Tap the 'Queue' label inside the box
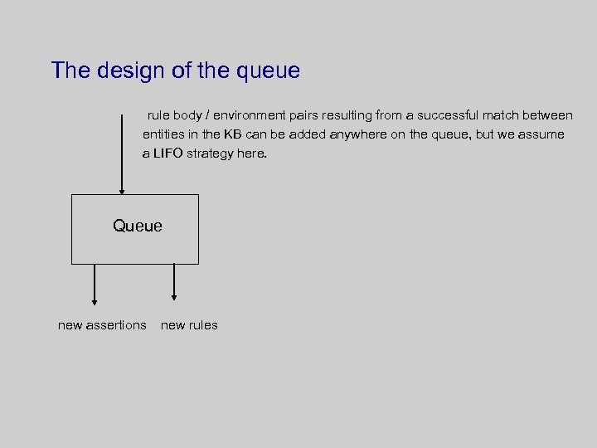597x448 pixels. (x=138, y=226)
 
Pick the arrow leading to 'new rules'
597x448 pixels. (x=174, y=282)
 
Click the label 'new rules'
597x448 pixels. (x=189, y=325)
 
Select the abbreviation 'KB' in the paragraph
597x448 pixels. (x=232, y=134)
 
